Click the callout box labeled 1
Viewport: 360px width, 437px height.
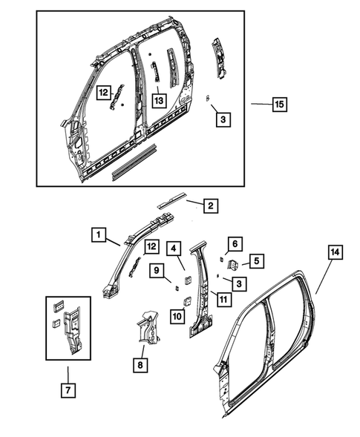point(97,235)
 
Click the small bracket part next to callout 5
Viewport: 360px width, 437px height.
point(232,264)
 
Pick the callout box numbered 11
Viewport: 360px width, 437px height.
point(220,298)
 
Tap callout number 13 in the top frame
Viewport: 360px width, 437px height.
point(158,99)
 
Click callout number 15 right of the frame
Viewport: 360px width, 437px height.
point(278,105)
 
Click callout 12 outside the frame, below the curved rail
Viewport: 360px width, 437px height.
point(151,246)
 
